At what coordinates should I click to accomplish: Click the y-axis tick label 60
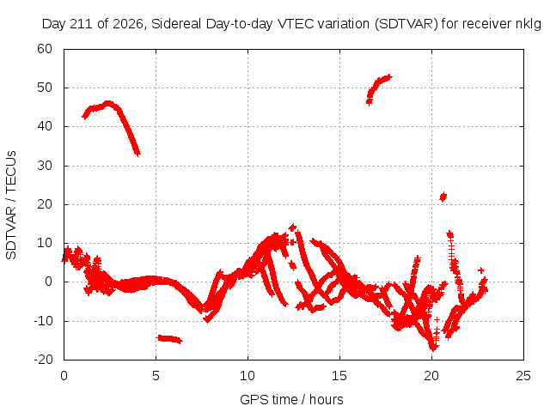(45, 49)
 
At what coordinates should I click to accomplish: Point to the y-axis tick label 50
(45, 88)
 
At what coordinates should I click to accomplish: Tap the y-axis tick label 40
(45, 126)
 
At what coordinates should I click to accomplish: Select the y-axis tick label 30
(45, 166)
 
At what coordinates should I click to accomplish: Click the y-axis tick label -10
(43, 320)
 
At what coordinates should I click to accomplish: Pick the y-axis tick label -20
(43, 359)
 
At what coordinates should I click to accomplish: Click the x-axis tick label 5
(156, 376)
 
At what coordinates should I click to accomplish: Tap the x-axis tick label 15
(339, 376)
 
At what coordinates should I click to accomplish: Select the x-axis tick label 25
(523, 376)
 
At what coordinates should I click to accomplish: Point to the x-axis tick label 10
(247, 376)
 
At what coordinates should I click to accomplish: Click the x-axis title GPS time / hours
(291, 399)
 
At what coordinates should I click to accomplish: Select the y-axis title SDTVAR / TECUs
(11, 205)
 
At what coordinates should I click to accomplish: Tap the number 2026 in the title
(128, 24)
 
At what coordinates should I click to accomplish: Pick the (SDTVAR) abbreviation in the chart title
(406, 24)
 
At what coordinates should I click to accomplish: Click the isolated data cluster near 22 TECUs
(443, 197)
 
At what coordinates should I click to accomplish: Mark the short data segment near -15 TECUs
(169, 339)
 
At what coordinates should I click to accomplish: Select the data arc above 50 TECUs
(379, 89)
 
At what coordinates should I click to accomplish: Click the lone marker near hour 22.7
(481, 270)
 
